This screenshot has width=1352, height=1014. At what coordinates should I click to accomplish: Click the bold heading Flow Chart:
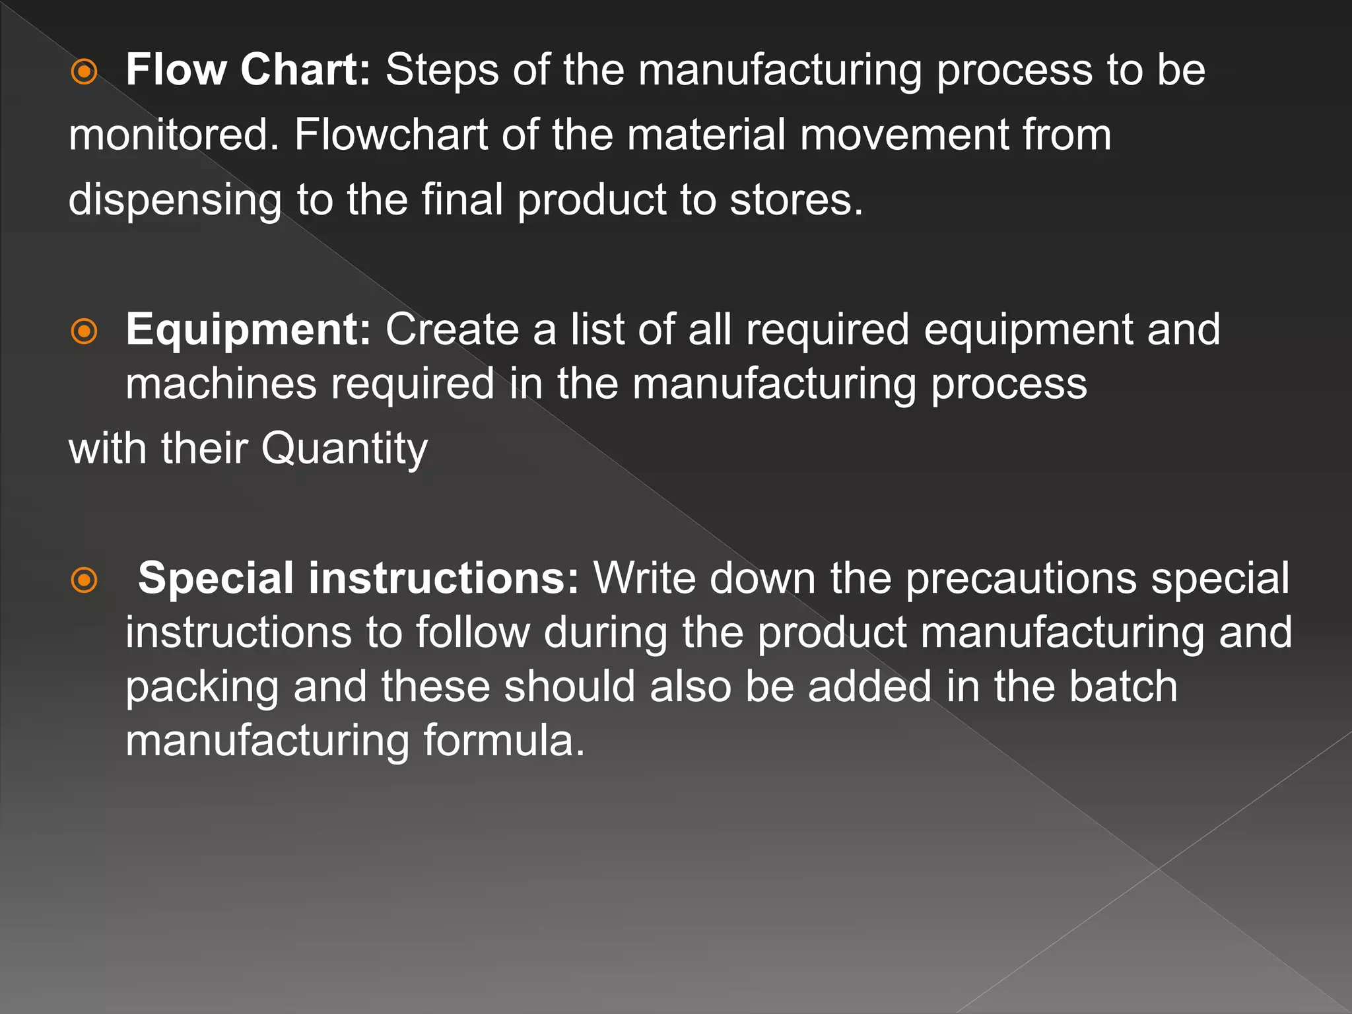click(248, 69)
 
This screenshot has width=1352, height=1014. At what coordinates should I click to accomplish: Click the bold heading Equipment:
click(248, 329)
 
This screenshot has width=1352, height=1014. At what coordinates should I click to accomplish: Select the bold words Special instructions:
click(358, 578)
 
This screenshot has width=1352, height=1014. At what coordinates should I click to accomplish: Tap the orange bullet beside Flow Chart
click(84, 72)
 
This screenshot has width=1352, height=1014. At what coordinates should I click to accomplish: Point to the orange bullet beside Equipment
click(84, 331)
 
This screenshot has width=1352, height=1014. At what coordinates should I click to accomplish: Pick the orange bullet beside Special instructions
click(84, 580)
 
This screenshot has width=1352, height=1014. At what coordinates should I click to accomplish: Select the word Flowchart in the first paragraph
click(390, 135)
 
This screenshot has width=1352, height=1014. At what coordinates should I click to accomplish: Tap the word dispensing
click(175, 200)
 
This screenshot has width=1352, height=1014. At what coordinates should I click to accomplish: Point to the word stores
click(796, 200)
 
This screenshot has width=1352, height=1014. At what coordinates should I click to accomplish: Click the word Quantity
click(344, 449)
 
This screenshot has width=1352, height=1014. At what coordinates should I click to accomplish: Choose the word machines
click(221, 384)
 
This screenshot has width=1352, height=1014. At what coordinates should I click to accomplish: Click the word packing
click(202, 687)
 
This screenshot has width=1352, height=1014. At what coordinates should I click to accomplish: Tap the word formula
click(504, 741)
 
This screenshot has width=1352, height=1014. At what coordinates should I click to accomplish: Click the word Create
click(452, 329)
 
